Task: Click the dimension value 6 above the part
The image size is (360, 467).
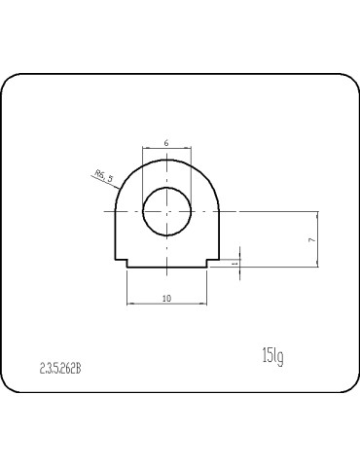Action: coord(166,143)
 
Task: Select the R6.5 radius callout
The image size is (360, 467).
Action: coord(103,176)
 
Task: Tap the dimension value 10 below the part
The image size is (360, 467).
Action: coord(166,298)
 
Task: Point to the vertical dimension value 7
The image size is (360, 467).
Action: coord(309,238)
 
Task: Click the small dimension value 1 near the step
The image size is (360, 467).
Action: coord(234,262)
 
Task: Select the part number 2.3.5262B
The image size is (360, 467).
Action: coord(60,369)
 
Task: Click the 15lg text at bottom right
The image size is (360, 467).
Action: coord(271,356)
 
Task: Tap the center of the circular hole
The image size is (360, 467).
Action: coord(167,210)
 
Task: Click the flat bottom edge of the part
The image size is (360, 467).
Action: coord(167,268)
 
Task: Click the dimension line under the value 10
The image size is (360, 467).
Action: coord(167,305)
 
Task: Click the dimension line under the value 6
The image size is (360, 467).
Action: coord(167,149)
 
